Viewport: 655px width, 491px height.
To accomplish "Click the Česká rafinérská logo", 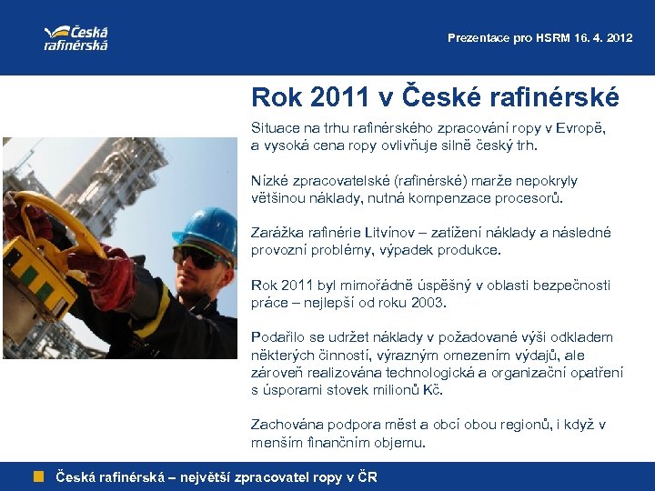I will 76,37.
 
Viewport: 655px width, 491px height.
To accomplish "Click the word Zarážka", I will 277,233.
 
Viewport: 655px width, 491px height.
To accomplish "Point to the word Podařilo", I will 278,337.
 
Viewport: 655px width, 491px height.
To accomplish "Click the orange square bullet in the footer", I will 39,476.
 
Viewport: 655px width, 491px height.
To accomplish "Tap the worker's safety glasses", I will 198,256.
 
